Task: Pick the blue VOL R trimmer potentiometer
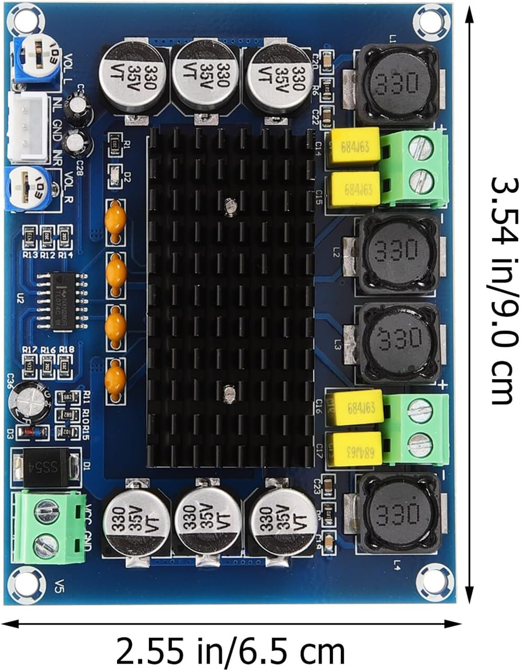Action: tap(28, 189)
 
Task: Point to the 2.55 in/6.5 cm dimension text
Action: tap(230, 651)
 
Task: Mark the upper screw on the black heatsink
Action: tap(229, 206)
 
